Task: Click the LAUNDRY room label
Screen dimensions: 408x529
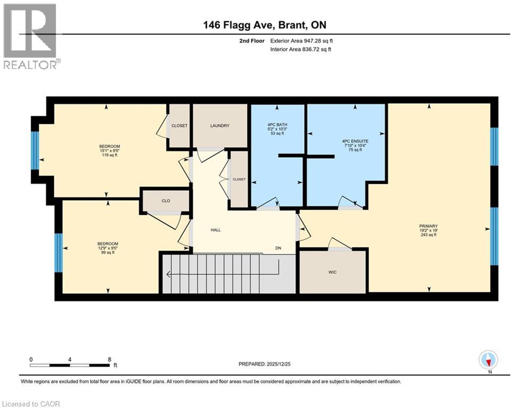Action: click(220, 126)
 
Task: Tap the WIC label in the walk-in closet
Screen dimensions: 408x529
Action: click(332, 273)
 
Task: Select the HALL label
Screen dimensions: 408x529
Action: click(215, 230)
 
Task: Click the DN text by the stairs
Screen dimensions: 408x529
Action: click(278, 248)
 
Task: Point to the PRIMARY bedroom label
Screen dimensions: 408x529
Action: click(428, 226)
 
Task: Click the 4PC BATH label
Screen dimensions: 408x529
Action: click(277, 125)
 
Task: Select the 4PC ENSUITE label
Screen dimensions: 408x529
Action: click(351, 141)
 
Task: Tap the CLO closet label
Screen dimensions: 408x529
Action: click(165, 201)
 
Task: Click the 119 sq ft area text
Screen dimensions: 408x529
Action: click(109, 155)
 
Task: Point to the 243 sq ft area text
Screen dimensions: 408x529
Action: click(428, 235)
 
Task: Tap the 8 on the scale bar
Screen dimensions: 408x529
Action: click(109, 359)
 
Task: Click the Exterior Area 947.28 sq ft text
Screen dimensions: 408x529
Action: click(301, 41)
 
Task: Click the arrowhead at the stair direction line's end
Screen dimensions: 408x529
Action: click(169, 275)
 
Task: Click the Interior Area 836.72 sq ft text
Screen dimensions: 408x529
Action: click(301, 49)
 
